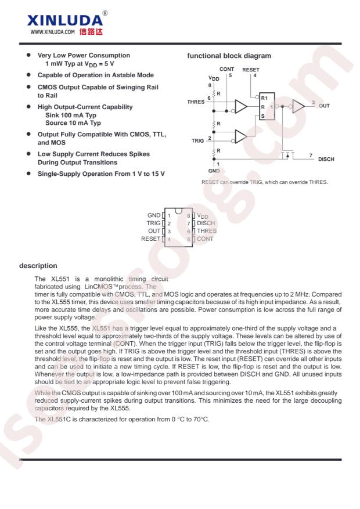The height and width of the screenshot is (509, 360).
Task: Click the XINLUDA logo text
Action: coord(65,20)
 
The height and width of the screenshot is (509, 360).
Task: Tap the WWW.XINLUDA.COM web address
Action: coord(53,32)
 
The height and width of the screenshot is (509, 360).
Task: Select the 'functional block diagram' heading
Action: coord(229,56)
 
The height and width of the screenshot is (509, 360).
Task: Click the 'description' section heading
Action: coord(38,266)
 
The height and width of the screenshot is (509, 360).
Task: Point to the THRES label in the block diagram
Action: coord(196,102)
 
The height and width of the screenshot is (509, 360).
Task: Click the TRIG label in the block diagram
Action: coord(197,140)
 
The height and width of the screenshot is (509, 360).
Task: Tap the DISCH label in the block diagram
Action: coord(326,159)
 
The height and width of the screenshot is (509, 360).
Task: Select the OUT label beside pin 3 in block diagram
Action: coord(324,106)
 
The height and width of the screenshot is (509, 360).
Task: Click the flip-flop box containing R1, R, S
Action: coord(267,106)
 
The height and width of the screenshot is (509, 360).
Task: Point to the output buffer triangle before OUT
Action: coord(298,106)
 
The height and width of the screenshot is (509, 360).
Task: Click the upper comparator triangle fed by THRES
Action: coord(241,106)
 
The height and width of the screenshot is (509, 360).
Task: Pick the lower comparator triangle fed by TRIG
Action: coord(241,136)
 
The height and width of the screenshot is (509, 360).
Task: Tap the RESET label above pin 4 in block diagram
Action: coord(251,70)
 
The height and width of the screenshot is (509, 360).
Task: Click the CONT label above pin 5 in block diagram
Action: coord(226,69)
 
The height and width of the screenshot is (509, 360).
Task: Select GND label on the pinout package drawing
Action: coord(154,215)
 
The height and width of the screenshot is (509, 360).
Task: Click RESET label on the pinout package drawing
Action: coord(150,239)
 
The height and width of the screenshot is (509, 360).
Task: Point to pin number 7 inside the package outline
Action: coord(188,223)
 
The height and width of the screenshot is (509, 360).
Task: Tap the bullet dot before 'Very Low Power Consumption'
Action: coord(28,55)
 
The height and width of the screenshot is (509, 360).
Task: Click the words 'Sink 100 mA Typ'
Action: coord(71,115)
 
